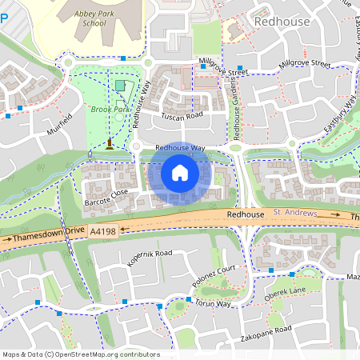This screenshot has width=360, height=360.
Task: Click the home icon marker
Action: click(180, 173)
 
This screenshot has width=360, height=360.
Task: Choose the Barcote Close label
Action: click(106, 194)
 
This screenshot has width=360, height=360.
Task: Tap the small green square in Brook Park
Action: click(120, 85)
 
